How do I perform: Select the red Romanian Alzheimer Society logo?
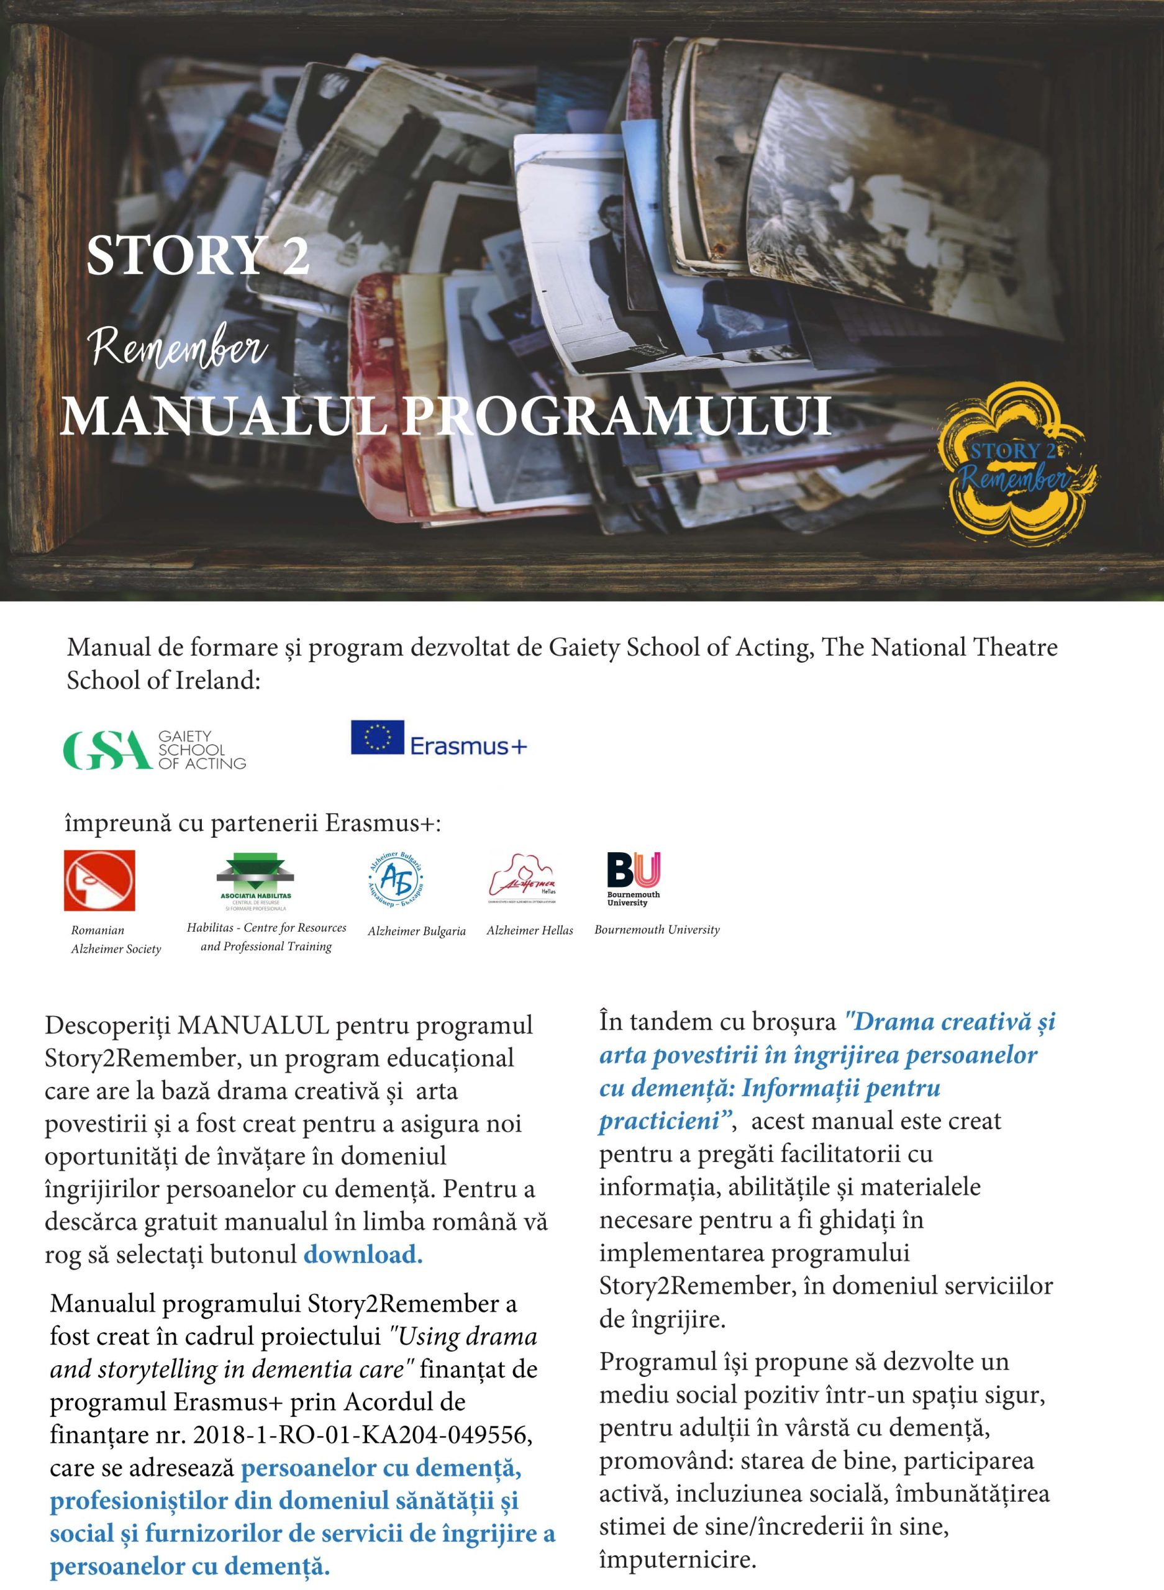(x=99, y=881)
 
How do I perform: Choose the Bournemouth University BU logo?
(x=634, y=878)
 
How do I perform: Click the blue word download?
(x=363, y=1255)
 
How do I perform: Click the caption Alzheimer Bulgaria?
(x=416, y=931)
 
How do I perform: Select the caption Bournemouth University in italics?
(x=657, y=930)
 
